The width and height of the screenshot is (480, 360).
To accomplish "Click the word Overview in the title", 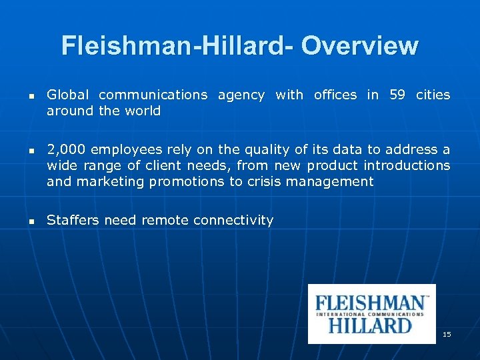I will (x=359, y=46).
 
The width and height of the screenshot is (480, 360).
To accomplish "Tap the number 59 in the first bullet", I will (x=397, y=95).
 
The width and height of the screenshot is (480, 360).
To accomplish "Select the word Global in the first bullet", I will (x=67, y=95).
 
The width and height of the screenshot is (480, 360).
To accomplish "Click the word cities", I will (x=433, y=95).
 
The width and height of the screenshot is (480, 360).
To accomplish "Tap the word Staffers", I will (x=73, y=220).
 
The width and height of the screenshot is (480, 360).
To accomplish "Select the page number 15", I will (x=447, y=333).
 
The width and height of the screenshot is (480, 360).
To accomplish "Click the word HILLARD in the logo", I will (x=370, y=325).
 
